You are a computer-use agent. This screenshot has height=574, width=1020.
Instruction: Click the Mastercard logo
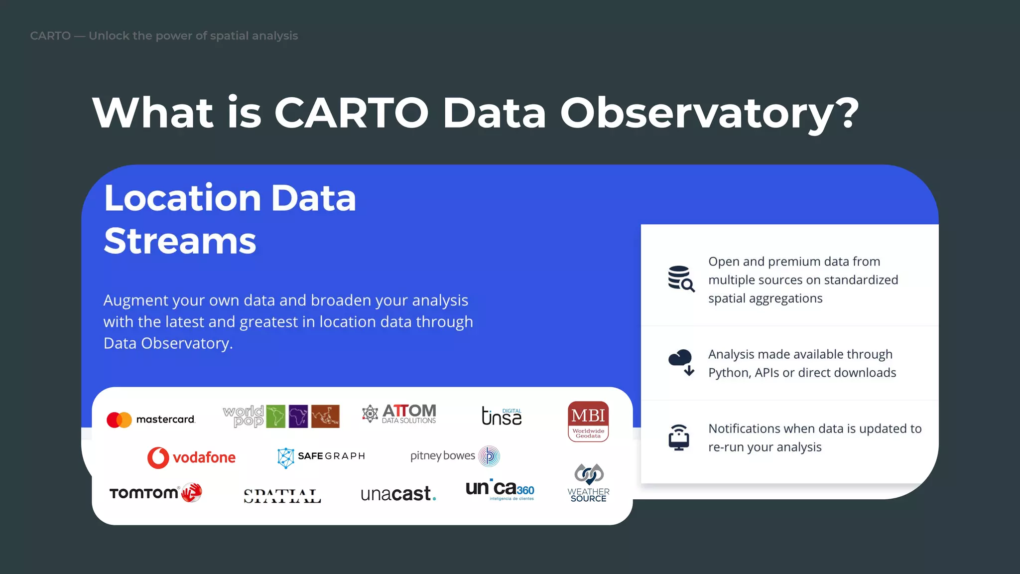coord(150,420)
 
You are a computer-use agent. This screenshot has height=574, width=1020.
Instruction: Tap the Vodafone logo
coord(191,457)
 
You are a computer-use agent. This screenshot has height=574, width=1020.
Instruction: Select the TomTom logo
coord(155,493)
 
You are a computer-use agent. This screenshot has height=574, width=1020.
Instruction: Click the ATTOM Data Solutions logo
coord(399,414)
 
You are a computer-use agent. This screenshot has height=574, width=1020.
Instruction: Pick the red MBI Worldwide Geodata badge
coord(588,421)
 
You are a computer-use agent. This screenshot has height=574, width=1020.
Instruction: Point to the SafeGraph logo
coord(321,456)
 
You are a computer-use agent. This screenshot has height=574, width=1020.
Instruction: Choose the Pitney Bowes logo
coord(454,456)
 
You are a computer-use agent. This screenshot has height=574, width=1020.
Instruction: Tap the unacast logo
coord(398,494)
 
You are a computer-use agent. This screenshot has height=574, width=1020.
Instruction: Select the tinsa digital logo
coord(502,416)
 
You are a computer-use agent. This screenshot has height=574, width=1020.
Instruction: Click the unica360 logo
coord(500,490)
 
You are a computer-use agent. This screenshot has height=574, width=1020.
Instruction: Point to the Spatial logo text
coord(282,496)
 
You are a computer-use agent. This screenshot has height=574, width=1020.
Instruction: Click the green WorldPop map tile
coord(276,417)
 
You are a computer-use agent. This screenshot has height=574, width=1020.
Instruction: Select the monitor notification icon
coord(679,437)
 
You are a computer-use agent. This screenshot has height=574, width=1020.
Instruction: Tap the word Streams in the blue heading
coord(180,241)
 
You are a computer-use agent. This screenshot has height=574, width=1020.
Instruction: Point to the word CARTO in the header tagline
coord(50,36)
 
